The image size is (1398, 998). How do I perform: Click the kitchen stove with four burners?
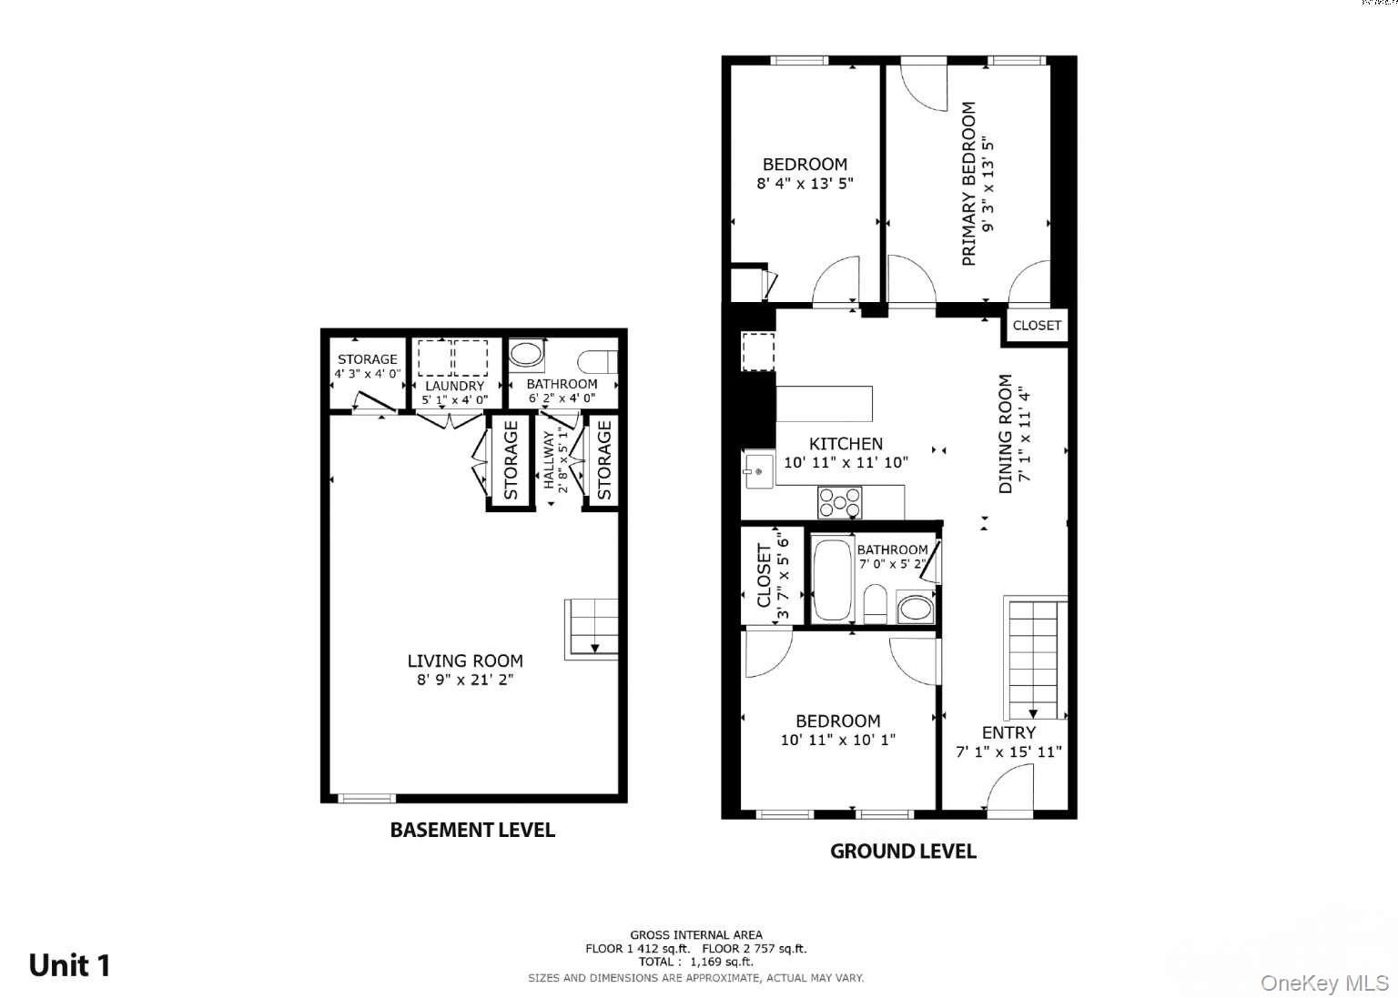point(839,502)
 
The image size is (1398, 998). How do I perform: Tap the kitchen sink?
point(758,471)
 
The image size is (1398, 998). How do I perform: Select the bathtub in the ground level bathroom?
point(832,580)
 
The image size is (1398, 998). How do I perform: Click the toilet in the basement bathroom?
point(597,361)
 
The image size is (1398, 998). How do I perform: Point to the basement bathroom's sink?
point(527,354)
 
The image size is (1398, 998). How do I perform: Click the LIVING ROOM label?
point(465,660)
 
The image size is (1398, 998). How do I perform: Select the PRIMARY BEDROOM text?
point(968,184)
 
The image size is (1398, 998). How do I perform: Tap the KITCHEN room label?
point(846,443)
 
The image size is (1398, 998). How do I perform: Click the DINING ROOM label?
point(1005,434)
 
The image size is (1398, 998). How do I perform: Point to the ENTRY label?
point(1008,732)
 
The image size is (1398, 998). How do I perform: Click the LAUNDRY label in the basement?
point(454,386)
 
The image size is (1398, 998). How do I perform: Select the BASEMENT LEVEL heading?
point(472,830)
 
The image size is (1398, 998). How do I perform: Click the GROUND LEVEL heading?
point(903,851)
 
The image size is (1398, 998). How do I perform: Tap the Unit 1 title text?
point(70,965)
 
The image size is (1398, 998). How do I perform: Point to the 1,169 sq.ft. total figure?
point(721,962)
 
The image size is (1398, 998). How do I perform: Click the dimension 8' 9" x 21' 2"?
point(465,680)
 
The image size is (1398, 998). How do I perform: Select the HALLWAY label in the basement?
point(549,460)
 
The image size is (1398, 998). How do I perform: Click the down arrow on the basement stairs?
point(594,648)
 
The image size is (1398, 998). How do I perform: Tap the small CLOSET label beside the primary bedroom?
point(1037,325)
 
